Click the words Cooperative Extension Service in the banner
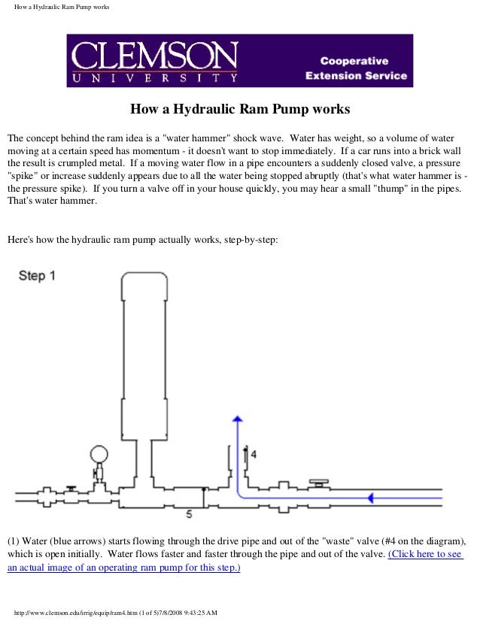(x=356, y=68)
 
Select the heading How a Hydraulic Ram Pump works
(x=240, y=110)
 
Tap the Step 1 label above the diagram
(x=37, y=276)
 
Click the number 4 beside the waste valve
(x=254, y=454)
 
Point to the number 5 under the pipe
(x=189, y=515)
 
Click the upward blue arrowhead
(x=237, y=421)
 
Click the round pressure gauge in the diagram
(x=99, y=454)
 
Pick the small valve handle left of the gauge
(x=70, y=489)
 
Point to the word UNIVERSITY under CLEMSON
(x=155, y=77)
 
